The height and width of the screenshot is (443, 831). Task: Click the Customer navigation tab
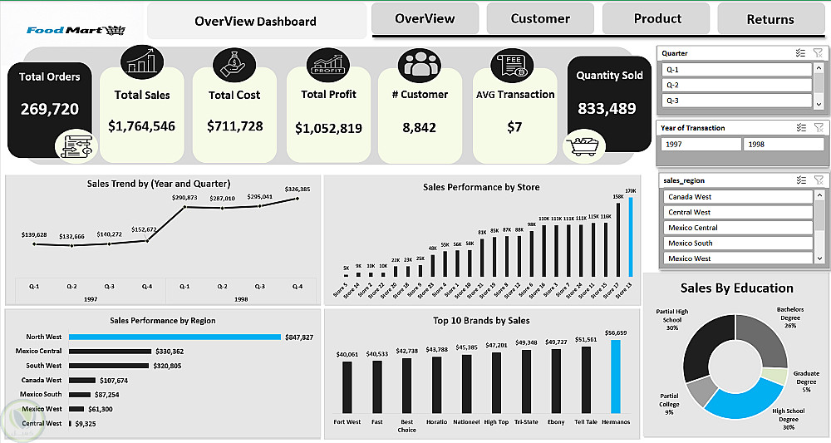(x=540, y=18)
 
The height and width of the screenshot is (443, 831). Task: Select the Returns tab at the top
(x=770, y=19)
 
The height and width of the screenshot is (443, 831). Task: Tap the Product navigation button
(x=657, y=18)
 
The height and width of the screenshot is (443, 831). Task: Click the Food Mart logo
(x=75, y=31)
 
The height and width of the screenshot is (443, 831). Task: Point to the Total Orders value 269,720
(x=49, y=109)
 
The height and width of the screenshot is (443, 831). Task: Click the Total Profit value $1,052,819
(x=329, y=128)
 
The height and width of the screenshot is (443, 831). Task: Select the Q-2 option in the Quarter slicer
(x=735, y=85)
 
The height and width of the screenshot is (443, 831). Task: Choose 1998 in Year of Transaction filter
(x=778, y=144)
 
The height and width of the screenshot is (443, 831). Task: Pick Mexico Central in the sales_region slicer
(x=738, y=228)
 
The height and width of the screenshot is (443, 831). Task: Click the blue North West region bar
(x=175, y=337)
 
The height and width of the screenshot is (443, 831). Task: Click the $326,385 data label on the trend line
(x=297, y=190)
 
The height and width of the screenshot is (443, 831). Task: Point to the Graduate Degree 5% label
(x=806, y=381)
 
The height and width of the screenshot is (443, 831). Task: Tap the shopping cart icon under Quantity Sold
(x=584, y=146)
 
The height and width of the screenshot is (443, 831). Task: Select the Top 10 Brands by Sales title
(x=481, y=320)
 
